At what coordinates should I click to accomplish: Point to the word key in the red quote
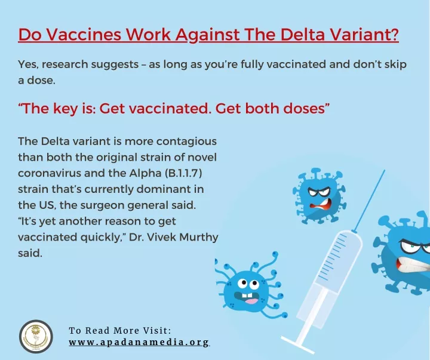(x=65, y=109)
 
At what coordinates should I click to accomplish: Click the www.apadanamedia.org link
(x=139, y=343)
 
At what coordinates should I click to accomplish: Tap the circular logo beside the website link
(x=36, y=337)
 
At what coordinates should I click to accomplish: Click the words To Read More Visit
(x=120, y=330)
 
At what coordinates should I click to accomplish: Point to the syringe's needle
(x=370, y=201)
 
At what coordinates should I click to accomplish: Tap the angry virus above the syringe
(x=319, y=195)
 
